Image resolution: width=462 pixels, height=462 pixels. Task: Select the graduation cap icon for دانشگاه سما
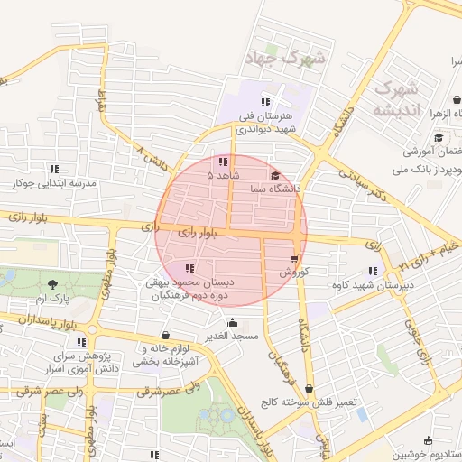274,175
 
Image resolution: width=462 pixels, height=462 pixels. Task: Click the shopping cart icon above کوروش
294,258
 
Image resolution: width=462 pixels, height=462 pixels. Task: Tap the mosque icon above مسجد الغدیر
232,323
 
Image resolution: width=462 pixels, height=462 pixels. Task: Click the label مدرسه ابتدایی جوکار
54,182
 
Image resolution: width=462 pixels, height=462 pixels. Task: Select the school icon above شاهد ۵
223,162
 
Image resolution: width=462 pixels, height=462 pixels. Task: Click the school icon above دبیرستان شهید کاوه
373,271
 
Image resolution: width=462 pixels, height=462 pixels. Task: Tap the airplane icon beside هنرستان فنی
281,93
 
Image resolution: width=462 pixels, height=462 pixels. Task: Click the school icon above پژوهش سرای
81,342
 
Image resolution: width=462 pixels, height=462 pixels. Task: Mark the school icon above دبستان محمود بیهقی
189,268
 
